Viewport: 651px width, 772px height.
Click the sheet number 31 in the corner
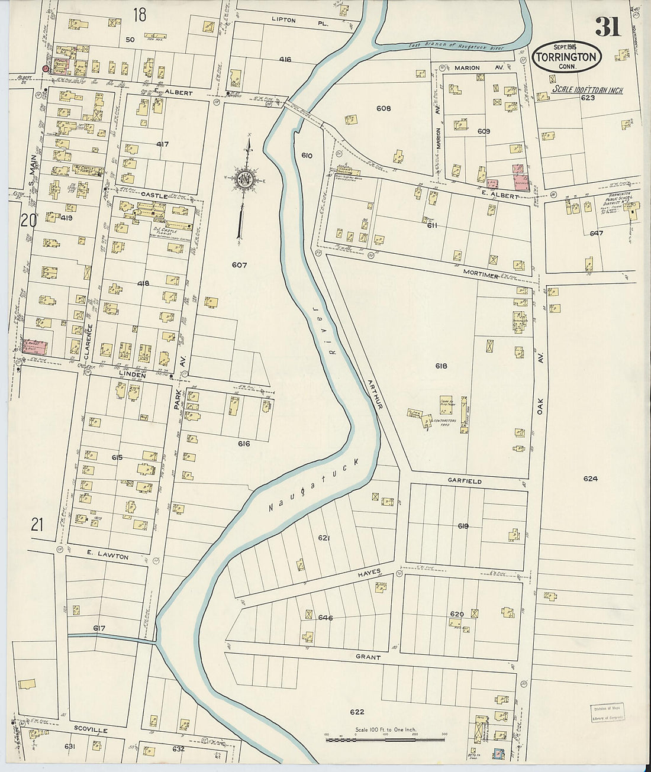pyautogui.click(x=607, y=26)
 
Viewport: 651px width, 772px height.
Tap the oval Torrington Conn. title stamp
pyautogui.click(x=567, y=57)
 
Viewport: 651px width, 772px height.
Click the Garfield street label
pyautogui.click(x=465, y=482)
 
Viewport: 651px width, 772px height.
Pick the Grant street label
pyautogui.click(x=368, y=657)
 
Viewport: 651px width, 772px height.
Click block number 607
pyautogui.click(x=239, y=265)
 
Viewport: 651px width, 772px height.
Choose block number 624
pyautogui.click(x=589, y=479)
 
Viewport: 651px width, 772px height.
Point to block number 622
pyautogui.click(x=356, y=712)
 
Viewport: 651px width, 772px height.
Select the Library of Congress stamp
pyautogui.click(x=607, y=713)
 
